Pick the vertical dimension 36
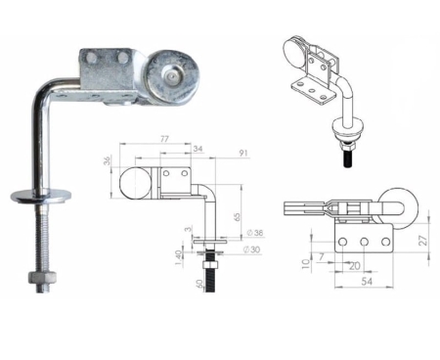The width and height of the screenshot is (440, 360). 108,161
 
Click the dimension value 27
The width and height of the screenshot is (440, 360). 422,237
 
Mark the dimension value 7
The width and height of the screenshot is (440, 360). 321,257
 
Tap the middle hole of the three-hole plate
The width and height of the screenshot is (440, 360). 363,242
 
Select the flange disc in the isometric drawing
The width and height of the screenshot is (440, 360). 348,124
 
